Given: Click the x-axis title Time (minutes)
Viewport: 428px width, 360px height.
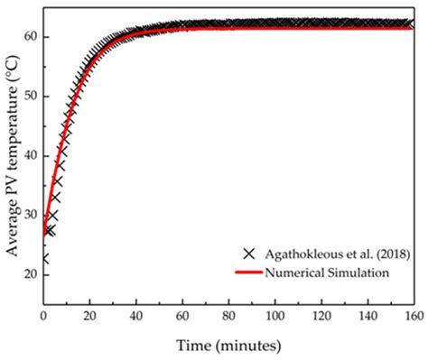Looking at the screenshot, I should [228, 344].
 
